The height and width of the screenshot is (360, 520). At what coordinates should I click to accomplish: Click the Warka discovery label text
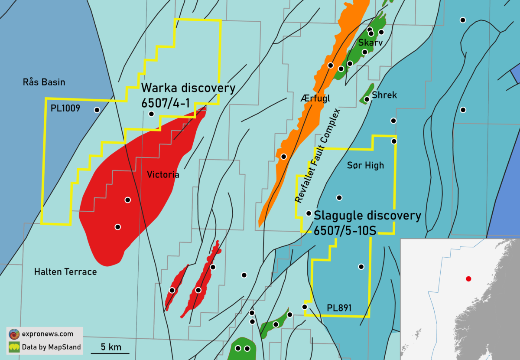click(x=188, y=88)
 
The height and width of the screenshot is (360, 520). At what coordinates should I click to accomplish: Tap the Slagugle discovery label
click(x=367, y=216)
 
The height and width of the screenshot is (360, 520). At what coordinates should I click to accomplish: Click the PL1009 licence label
click(x=65, y=108)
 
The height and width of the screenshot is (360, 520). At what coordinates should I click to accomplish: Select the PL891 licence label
click(x=339, y=308)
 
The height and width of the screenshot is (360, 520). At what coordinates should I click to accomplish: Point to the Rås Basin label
click(x=44, y=82)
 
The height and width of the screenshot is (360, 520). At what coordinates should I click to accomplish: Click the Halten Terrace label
click(x=65, y=272)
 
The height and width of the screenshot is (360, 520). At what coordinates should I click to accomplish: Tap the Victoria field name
click(x=163, y=175)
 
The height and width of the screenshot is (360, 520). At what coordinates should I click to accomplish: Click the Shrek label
click(x=384, y=95)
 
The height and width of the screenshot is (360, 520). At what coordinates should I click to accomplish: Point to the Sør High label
click(x=365, y=165)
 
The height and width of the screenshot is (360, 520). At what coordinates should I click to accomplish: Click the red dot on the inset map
click(x=468, y=279)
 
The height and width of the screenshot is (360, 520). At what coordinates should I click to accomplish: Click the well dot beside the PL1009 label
click(x=97, y=110)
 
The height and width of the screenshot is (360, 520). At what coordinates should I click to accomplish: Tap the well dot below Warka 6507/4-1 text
click(x=151, y=114)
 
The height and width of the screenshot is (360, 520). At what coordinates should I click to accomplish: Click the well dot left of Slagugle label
click(x=309, y=213)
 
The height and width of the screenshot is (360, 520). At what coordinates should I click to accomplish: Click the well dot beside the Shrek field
click(x=367, y=99)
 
